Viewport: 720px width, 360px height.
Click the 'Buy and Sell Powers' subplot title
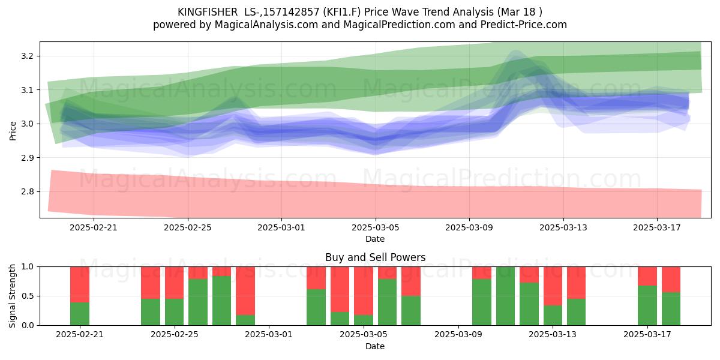375,257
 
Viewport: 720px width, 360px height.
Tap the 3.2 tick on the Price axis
27,56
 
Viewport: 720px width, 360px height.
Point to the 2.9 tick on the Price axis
27,158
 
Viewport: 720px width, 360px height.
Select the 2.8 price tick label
27,192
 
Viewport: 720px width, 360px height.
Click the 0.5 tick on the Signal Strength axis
27,296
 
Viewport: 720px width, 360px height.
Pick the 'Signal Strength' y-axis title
12,296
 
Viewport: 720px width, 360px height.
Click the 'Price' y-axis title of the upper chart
13,131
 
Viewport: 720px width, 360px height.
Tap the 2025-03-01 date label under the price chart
281,228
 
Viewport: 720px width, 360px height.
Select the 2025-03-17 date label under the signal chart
647,335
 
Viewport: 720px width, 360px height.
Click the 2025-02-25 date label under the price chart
188,228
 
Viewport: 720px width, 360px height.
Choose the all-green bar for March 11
505,296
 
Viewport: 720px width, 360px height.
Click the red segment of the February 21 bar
80,284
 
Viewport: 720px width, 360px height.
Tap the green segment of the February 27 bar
221,301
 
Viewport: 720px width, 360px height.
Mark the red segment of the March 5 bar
364,291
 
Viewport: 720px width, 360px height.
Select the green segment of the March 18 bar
671,309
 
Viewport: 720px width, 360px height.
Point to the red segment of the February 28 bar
245,291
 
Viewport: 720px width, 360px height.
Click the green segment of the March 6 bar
387,302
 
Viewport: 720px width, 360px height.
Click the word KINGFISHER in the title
208,12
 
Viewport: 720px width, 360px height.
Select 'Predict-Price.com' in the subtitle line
524,25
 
